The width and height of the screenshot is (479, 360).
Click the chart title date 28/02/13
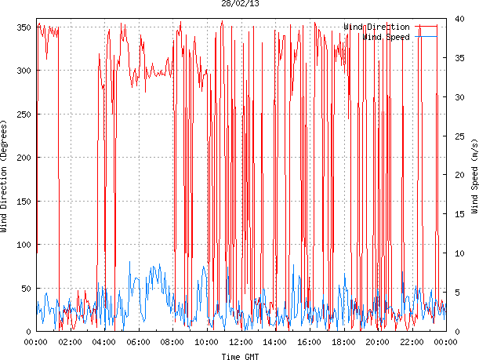[x=241, y=4]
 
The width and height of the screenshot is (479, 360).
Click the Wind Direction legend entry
[x=376, y=27]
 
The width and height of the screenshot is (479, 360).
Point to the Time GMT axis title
[x=241, y=356]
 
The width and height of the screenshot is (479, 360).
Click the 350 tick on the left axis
[x=22, y=27]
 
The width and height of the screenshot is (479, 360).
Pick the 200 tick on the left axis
[x=22, y=158]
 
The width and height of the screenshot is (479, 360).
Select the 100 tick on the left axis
[x=22, y=245]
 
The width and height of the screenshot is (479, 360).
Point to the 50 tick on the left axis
[x=24, y=289]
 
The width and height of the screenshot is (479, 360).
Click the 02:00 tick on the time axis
[x=70, y=342]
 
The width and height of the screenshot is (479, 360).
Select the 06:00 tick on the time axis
[x=138, y=342]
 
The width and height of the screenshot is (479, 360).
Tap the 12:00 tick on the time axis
[x=241, y=342]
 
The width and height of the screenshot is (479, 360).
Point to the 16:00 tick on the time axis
[x=309, y=342]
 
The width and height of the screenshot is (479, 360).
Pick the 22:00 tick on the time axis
[x=412, y=342]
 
